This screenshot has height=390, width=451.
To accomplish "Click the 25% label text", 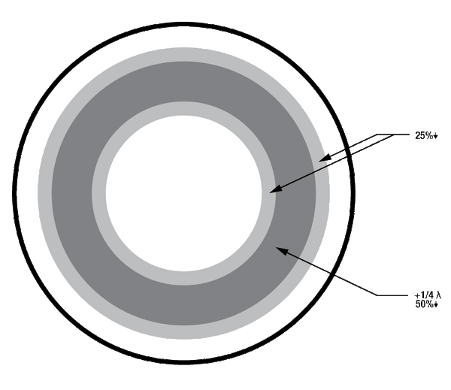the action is click(x=424, y=135).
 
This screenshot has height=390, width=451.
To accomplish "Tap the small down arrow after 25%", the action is click(x=435, y=136).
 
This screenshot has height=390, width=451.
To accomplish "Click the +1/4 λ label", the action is click(x=428, y=295).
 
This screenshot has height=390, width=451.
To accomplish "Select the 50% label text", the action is click(x=424, y=304).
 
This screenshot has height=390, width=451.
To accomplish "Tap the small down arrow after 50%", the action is click(x=435, y=305).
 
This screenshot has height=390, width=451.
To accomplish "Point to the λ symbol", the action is click(x=439, y=295).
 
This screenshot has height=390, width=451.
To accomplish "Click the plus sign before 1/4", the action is click(x=416, y=295).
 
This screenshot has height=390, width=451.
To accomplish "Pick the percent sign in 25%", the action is click(x=429, y=135).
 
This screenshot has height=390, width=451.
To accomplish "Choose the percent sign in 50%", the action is click(x=429, y=304).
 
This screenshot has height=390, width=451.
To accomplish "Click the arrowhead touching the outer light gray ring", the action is click(x=324, y=159).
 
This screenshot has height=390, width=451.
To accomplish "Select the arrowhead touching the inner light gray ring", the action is click(x=275, y=189).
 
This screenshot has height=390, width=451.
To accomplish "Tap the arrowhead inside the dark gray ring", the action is click(x=282, y=251).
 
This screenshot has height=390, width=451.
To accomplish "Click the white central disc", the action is click(x=183, y=193).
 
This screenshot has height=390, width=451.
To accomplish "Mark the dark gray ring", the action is click(x=72, y=193).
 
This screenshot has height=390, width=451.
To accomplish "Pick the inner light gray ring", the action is click(x=98, y=193).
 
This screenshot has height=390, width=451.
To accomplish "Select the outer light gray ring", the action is click(x=44, y=193).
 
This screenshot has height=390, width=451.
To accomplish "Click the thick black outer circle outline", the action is click(x=14, y=193).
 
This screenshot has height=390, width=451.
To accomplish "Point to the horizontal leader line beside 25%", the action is click(x=392, y=135).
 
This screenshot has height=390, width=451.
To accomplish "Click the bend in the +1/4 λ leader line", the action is click(x=377, y=295).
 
